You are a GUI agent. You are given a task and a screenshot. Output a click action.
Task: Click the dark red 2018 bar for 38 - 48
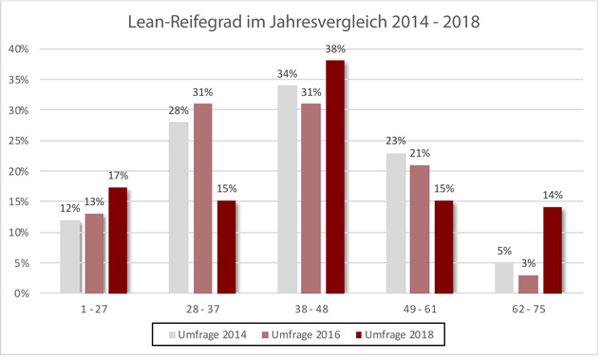coord(335,177)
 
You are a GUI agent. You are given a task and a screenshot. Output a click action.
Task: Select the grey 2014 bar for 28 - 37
coord(178,208)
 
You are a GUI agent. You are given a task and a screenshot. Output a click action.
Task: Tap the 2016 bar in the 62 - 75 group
coord(528,284)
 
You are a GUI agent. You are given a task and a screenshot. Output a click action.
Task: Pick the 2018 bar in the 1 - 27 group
coord(118,240)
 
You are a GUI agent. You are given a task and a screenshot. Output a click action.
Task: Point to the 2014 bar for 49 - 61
coord(396,223)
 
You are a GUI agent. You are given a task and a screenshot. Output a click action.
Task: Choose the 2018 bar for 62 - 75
coord(553,251)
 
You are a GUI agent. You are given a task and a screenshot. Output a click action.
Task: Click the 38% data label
coord(335,49)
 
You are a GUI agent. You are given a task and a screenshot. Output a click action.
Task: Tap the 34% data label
coord(287,74)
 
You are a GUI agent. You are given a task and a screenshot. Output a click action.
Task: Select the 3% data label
coord(528,263)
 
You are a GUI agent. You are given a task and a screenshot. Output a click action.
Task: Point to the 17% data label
coord(118,176)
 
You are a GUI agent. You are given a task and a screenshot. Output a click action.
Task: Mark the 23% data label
coord(396,142)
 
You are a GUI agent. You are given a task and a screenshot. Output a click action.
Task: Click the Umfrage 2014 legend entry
coord(207,334)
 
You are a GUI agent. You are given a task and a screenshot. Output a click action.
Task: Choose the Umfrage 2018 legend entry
coord(394,334)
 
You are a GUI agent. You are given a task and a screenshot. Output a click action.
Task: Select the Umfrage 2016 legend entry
coord(301,334)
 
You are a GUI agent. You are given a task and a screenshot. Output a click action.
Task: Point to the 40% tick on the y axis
coord(19,49)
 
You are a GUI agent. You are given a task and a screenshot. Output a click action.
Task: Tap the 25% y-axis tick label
coord(19,142)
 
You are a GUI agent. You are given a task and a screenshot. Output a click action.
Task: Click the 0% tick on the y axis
coord(22,294)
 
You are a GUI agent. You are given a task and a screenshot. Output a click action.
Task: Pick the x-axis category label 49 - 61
coord(420,309)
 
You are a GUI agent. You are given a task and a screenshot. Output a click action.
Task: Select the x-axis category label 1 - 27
coord(94,309)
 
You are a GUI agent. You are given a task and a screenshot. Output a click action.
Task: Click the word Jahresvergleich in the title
coord(329,22)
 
